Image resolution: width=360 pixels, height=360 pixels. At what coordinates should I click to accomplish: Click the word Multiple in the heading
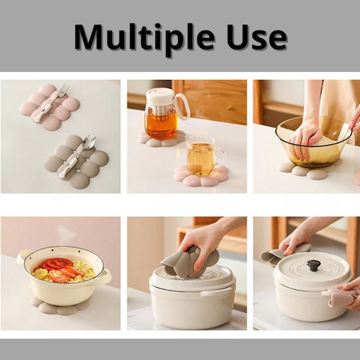145,39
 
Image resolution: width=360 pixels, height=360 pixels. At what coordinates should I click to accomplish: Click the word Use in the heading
257,37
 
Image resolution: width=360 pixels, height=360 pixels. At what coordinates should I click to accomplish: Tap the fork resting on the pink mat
51,102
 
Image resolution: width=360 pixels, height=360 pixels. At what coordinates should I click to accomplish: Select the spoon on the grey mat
77,156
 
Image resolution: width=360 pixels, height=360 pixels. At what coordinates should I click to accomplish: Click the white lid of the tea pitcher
161,95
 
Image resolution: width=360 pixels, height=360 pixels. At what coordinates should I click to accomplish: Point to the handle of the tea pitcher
182,107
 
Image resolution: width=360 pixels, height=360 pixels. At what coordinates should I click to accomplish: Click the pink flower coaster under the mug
201,176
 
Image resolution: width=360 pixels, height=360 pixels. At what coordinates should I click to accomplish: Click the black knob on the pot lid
313,265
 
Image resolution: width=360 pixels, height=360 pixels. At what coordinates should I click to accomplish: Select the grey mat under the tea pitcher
162,139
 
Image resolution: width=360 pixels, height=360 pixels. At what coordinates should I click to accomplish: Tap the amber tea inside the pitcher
161,125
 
